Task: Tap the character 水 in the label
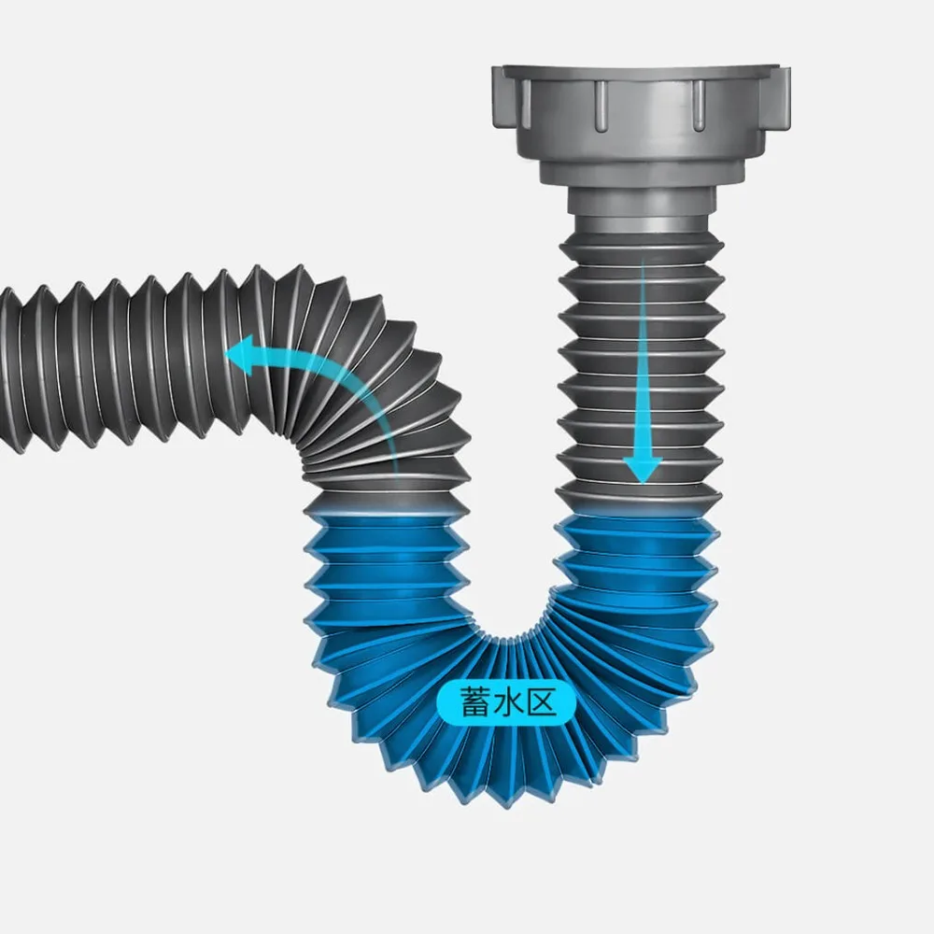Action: pyautogui.click(x=508, y=702)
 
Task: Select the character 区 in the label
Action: pyautogui.click(x=541, y=702)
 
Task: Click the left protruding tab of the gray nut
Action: pyautogui.click(x=499, y=96)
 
